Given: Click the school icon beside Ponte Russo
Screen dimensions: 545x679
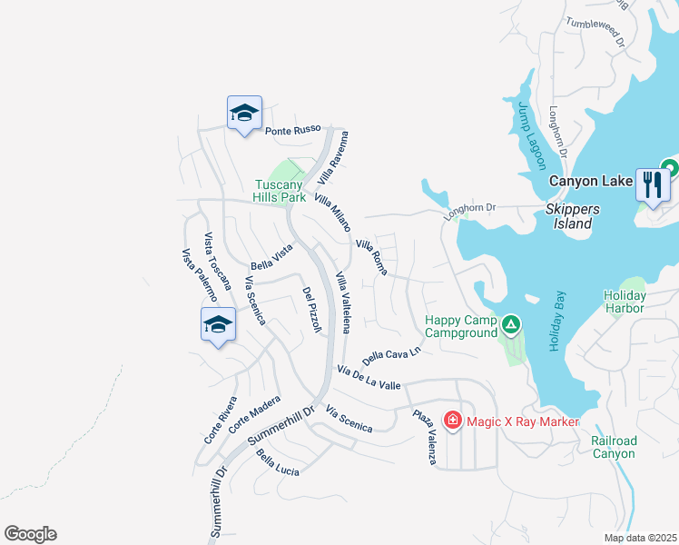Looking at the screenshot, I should [x=244, y=113].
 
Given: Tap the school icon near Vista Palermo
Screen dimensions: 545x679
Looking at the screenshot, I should [x=218, y=324].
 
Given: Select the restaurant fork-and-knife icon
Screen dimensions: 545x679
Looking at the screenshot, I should [x=653, y=185].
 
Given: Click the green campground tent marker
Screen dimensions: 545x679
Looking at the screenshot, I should [x=511, y=324].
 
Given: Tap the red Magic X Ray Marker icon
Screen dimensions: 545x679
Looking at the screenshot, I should [x=452, y=420].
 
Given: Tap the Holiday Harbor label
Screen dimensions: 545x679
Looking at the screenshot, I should [x=624, y=302].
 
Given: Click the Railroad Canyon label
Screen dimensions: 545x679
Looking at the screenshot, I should [x=614, y=446].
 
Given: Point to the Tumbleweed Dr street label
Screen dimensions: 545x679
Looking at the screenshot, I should [x=595, y=34].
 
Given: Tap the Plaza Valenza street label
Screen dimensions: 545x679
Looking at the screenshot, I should [x=424, y=438].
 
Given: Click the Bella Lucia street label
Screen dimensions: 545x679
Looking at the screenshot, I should [x=278, y=463].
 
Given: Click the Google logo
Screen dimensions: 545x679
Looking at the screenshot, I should [x=30, y=534].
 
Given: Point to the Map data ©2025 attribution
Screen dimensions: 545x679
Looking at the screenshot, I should [x=640, y=538].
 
